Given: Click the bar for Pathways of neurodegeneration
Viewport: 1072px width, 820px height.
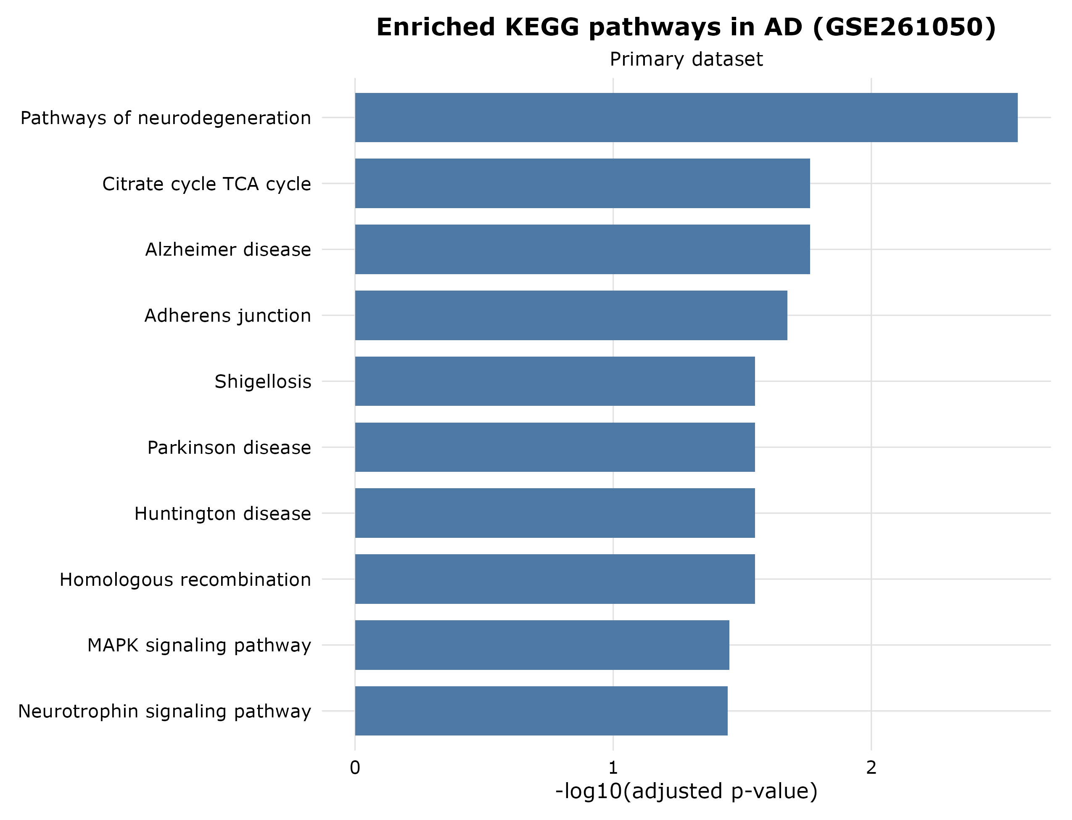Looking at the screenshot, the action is (686, 118).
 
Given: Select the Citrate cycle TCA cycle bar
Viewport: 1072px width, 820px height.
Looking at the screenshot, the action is (582, 183).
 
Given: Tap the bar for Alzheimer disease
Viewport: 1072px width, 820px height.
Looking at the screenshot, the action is (582, 249).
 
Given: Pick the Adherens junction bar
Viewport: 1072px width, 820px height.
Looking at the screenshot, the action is (571, 315).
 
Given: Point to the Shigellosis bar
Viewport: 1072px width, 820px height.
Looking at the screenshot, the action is (555, 381).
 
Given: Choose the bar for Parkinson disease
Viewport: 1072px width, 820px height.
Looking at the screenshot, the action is (555, 447).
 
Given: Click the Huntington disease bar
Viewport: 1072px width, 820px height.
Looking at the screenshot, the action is (555, 513).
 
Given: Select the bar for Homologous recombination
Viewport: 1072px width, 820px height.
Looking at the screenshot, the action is (555, 579).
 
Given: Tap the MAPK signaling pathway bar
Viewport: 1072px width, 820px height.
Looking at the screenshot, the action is (542, 645).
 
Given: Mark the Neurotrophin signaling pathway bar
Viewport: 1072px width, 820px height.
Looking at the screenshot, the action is (541, 711).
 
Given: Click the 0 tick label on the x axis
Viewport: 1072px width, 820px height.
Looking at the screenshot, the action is (355, 768).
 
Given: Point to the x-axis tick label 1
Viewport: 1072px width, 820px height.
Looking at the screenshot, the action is (613, 768).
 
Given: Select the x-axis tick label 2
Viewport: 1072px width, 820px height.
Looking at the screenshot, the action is (871, 768).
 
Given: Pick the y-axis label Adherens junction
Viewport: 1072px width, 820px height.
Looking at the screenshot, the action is (227, 316).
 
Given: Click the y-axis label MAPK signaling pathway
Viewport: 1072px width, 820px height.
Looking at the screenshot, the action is (199, 645).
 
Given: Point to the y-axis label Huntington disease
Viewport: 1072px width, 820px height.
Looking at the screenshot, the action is (222, 513).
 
